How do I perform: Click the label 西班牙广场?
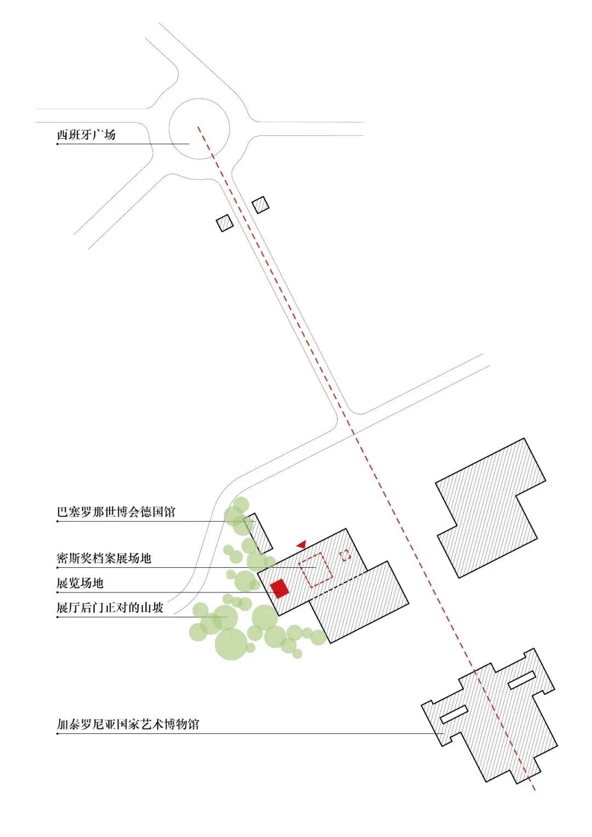86,134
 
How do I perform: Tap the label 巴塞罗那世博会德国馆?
116,511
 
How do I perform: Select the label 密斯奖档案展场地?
104,558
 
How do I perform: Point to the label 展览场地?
80,583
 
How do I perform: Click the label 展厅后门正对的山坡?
110,607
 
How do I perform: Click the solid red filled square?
280,589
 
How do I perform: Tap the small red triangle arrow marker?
301,544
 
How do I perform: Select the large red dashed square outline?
316,571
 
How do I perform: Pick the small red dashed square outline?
345,555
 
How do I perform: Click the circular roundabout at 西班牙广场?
199,99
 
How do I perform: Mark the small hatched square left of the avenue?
225,223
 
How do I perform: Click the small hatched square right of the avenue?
260,205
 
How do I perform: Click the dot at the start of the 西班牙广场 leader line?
58,144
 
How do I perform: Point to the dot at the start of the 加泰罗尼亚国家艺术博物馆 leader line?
58,734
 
